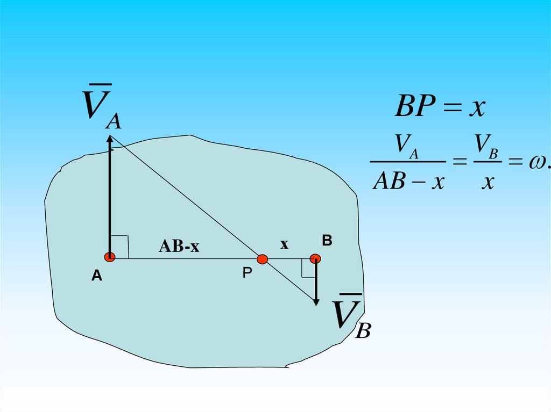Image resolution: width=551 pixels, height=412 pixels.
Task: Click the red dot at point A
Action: click(x=110, y=257)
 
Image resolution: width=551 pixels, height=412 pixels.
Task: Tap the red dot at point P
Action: click(x=262, y=259)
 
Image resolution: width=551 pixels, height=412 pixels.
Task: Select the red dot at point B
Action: click(x=315, y=259)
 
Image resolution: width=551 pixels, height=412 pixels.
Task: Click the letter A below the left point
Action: click(x=96, y=276)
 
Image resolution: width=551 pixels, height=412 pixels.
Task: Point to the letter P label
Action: click(x=246, y=273)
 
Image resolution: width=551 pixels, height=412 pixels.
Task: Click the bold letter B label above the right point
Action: click(x=327, y=241)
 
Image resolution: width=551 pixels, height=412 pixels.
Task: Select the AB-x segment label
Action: click(x=179, y=247)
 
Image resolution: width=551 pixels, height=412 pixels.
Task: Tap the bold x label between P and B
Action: click(x=284, y=244)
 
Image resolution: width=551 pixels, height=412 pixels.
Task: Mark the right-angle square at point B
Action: click(x=308, y=268)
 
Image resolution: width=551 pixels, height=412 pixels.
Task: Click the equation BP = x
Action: click(x=440, y=107)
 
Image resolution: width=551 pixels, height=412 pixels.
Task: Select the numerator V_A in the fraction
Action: click(x=406, y=147)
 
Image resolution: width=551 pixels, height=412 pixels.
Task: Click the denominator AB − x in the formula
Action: click(x=408, y=182)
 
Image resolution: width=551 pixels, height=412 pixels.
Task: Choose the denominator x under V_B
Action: click(x=488, y=182)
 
